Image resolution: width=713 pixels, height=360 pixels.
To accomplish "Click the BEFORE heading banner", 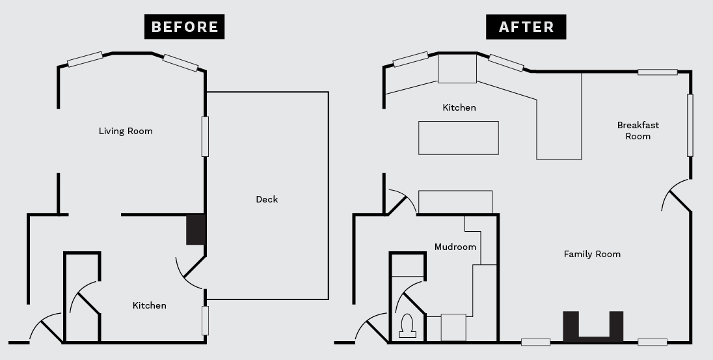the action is pyautogui.click(x=184, y=27).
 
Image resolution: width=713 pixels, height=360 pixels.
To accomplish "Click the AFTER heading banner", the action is pyautogui.click(x=526, y=27).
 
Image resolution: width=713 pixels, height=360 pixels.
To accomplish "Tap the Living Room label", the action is pyautogui.click(x=126, y=131).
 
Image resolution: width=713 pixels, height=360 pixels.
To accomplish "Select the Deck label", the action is pyautogui.click(x=267, y=199).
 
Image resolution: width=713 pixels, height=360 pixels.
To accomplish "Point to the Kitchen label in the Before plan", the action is pyautogui.click(x=149, y=305).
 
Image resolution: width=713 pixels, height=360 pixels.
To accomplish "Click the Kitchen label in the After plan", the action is pyautogui.click(x=459, y=107).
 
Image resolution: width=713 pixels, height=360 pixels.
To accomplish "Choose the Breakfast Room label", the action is pyautogui.click(x=638, y=131).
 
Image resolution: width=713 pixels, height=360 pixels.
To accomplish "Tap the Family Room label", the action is pyautogui.click(x=592, y=254).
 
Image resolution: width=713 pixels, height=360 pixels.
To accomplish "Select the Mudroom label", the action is pyautogui.click(x=455, y=247).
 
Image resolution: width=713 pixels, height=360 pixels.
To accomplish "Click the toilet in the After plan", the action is pyautogui.click(x=407, y=326).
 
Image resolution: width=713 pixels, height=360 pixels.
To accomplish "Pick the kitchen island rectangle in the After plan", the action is pyautogui.click(x=459, y=138).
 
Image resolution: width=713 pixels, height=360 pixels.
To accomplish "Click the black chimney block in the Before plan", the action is pyautogui.click(x=196, y=230).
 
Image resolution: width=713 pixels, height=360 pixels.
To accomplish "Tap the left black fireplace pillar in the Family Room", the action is pyautogui.click(x=571, y=325).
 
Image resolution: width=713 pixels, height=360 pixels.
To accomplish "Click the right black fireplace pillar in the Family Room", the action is pyautogui.click(x=616, y=325).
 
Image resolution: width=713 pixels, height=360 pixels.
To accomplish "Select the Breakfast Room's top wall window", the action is pyautogui.click(x=658, y=72).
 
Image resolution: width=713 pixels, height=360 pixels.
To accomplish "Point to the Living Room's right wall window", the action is pyautogui.click(x=205, y=137).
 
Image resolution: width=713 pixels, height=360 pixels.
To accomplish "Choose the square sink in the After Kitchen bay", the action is pyautogui.click(x=457, y=68).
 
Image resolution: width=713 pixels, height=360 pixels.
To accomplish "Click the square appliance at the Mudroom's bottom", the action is pyautogui.click(x=453, y=327).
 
